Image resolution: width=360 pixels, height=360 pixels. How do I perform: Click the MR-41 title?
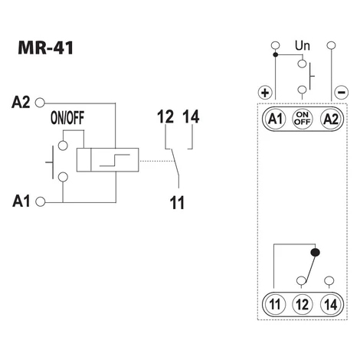46,47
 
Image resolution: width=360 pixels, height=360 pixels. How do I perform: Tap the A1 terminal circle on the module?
275,119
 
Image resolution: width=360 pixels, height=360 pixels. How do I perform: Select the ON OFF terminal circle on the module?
303,119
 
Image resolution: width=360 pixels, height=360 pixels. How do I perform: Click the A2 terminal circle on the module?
330,119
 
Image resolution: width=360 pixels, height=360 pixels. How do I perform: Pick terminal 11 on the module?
275,304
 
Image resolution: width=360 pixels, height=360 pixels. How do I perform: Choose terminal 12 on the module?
303,304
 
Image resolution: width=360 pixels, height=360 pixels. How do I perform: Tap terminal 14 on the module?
330,304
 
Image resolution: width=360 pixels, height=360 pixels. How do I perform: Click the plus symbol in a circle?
265,93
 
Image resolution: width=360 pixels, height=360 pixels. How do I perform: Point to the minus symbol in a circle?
341,92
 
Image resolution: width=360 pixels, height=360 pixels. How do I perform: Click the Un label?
303,46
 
